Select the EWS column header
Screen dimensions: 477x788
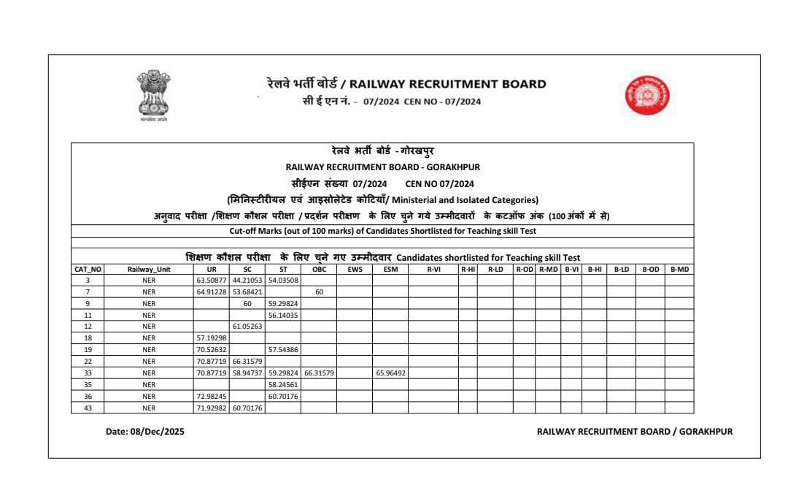click(354, 269)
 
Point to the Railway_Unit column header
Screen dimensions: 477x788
click(149, 269)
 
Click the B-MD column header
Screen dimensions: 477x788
click(679, 269)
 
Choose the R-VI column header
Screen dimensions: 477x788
click(433, 269)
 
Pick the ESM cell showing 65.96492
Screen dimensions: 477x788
click(390, 373)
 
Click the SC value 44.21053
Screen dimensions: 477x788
click(247, 280)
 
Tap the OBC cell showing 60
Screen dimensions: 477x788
click(319, 291)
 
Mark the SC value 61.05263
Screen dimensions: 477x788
click(247, 327)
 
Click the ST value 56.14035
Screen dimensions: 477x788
click(283, 315)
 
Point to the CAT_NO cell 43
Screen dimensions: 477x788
click(88, 408)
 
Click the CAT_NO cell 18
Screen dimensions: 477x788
click(88, 338)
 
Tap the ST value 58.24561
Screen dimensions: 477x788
click(283, 384)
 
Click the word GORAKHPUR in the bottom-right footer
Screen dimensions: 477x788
click(706, 432)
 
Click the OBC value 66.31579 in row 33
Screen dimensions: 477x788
click(319, 373)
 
